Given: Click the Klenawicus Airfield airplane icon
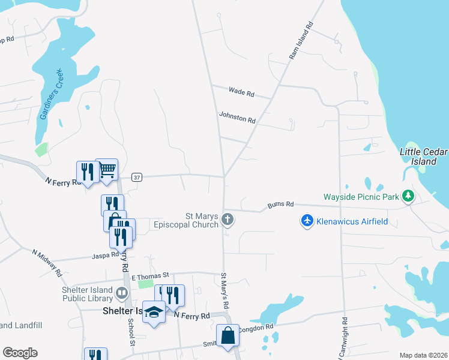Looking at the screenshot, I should (307, 221).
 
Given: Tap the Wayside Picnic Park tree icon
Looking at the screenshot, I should (408, 196).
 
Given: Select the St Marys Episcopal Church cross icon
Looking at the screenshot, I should (228, 219).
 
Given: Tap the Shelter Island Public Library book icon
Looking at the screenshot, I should (122, 293).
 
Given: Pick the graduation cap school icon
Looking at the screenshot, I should (154, 311).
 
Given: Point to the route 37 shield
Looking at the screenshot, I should (137, 178).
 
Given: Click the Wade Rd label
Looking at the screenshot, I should (242, 92).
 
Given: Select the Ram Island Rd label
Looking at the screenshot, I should (301, 41).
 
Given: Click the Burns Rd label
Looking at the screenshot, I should (281, 205).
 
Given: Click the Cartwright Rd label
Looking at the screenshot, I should (345, 339).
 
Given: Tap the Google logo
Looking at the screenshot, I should (20, 353).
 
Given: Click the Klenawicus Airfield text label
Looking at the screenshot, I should (352, 221).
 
